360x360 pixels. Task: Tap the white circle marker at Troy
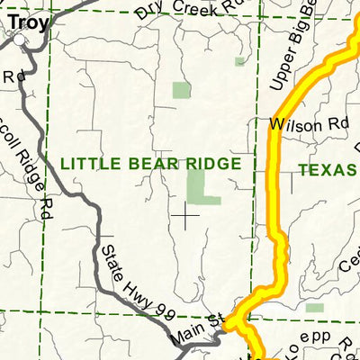pyautogui.click(x=18, y=39)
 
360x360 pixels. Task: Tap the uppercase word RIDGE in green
pyautogui.click(x=215, y=163)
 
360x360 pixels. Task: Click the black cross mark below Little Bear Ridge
pyautogui.click(x=186, y=215)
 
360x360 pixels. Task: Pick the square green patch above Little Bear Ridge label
pyautogui.click(x=182, y=90)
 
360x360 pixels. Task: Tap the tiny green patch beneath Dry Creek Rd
pyautogui.click(x=239, y=61)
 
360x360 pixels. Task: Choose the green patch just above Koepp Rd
pyautogui.click(x=314, y=308)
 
